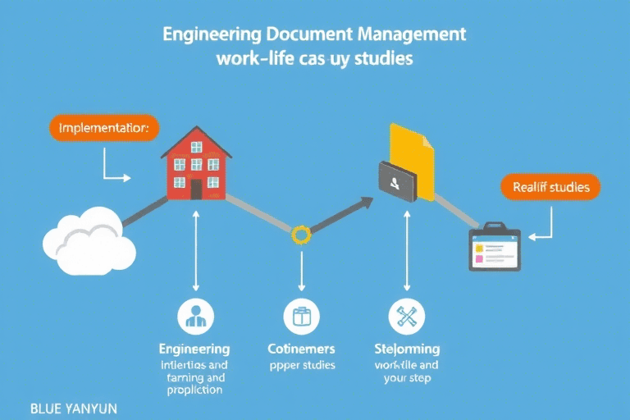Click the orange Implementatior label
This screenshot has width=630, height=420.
pos(104,129)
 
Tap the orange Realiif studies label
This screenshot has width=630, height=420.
pos(550,187)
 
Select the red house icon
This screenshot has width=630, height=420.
pos(196,164)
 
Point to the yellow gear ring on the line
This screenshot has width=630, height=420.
pos(301,235)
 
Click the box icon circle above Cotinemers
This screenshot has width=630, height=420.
pos(301,315)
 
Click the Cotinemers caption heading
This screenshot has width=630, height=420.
pos(301,349)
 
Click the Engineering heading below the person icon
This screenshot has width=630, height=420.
pos(194,349)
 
